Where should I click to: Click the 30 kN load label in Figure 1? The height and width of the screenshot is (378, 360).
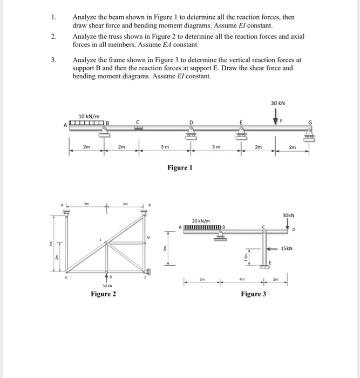pyautogui.click(x=279, y=103)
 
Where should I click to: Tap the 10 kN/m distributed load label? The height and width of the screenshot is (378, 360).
pyautogui.click(x=89, y=116)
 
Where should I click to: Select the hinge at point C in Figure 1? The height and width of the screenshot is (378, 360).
pyautogui.click(x=138, y=128)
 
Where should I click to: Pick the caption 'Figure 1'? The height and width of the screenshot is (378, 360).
pyautogui.click(x=180, y=168)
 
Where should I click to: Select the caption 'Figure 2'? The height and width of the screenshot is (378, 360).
pyautogui.click(x=103, y=294)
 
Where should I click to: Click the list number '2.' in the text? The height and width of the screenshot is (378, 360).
pyautogui.click(x=54, y=36)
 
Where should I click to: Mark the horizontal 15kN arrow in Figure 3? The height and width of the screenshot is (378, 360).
pyautogui.click(x=274, y=248)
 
